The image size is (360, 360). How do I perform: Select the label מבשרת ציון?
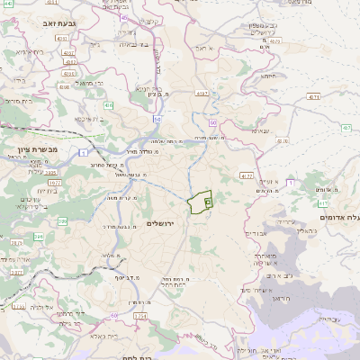[38, 148]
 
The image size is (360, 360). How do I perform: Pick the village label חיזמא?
[268, 76]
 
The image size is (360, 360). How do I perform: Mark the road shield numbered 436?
[108, 105]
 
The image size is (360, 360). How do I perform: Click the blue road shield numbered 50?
[157, 119]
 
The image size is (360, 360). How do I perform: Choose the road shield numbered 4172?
[246, 177]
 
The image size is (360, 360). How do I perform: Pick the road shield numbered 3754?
[139, 317]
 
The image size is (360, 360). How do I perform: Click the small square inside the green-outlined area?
[207, 203]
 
